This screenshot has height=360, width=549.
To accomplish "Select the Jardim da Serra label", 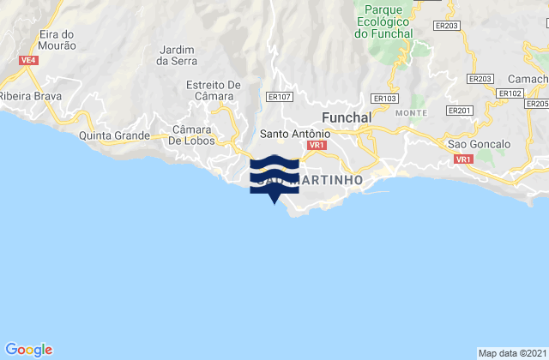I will pyautogui.click(x=178, y=55).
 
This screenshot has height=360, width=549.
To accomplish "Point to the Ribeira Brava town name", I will pyautogui.click(x=31, y=97).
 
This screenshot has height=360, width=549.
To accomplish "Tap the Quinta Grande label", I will pyautogui.click(x=115, y=135).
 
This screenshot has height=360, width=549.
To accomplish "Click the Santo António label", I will pyautogui.click(x=291, y=135).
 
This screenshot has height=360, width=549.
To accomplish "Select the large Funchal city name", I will pyautogui.click(x=344, y=117).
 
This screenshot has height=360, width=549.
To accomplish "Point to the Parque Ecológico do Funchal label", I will pyautogui.click(x=383, y=22).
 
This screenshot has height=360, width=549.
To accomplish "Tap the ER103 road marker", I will pyautogui.click(x=387, y=99).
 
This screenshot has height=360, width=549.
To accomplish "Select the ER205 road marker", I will pyautogui.click(x=537, y=104).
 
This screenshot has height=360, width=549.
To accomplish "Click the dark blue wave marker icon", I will pyautogui.click(x=273, y=176).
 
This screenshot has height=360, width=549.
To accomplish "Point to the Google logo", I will pyautogui.click(x=29, y=349).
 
